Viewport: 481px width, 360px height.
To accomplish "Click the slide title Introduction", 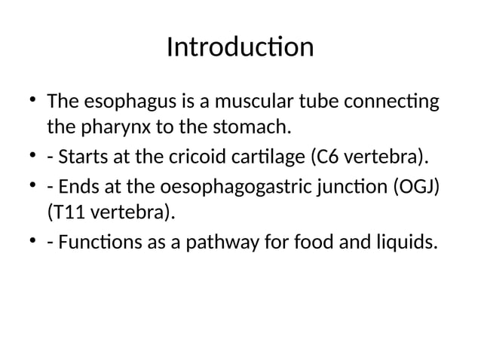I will coord(240,48).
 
